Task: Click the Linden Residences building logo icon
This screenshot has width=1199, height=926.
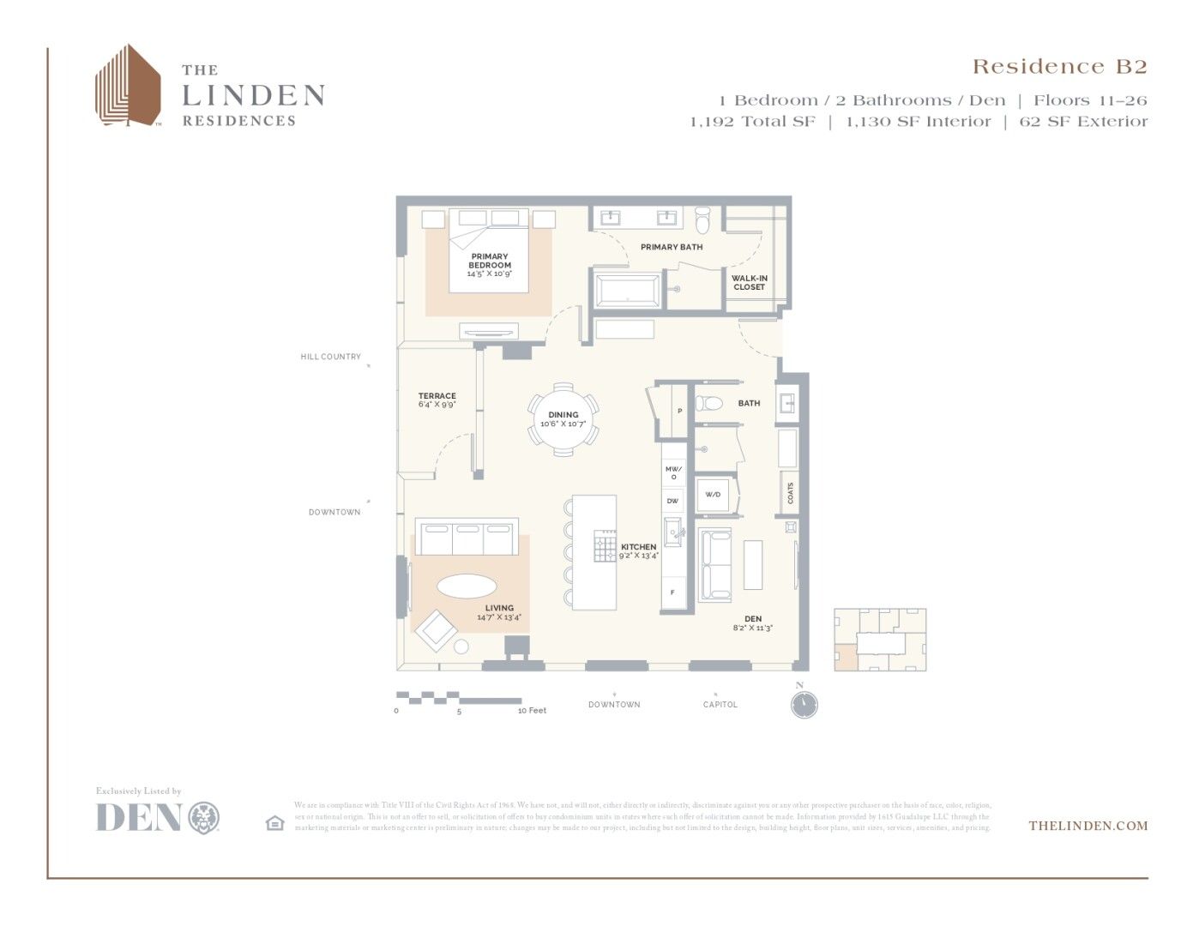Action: [127, 86]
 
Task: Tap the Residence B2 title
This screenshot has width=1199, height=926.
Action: [1058, 67]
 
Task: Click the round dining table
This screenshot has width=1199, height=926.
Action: [563, 419]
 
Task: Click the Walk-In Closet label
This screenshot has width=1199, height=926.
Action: [749, 283]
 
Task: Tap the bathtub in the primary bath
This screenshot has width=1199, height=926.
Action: [627, 290]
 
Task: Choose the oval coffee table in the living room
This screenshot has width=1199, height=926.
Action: [467, 586]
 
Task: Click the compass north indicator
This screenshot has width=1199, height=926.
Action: [804, 703]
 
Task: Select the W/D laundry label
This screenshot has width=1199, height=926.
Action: [713, 495]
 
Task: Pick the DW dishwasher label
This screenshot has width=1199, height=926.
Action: [672, 501]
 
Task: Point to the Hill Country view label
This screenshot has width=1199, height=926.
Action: [330, 357]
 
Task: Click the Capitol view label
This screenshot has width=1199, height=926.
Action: [720, 705]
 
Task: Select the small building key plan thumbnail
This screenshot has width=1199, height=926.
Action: [880, 640]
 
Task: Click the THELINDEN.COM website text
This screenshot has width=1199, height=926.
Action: [1088, 826]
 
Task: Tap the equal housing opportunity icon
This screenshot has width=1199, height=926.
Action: [274, 823]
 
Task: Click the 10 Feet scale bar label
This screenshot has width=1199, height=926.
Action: [532, 711]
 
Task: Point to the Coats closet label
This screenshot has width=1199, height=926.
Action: [790, 493]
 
